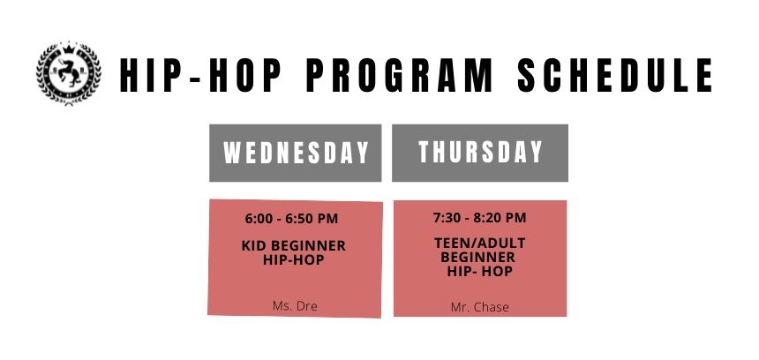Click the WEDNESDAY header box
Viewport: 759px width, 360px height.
pyautogui.click(x=295, y=153)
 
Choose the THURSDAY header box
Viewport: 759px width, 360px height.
pyautogui.click(x=480, y=153)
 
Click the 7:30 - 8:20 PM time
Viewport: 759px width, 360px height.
pyautogui.click(x=479, y=217)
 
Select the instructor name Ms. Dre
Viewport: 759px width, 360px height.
pyautogui.click(x=294, y=306)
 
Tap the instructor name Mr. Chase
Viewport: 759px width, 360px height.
pyautogui.click(x=479, y=307)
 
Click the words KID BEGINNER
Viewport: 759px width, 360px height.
pyautogui.click(x=293, y=245)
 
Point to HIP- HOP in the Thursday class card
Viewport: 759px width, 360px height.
pyautogui.click(x=479, y=271)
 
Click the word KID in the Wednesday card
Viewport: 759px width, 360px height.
pyautogui.click(x=254, y=245)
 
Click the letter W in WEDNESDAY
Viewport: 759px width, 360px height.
pyautogui.click(x=232, y=154)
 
